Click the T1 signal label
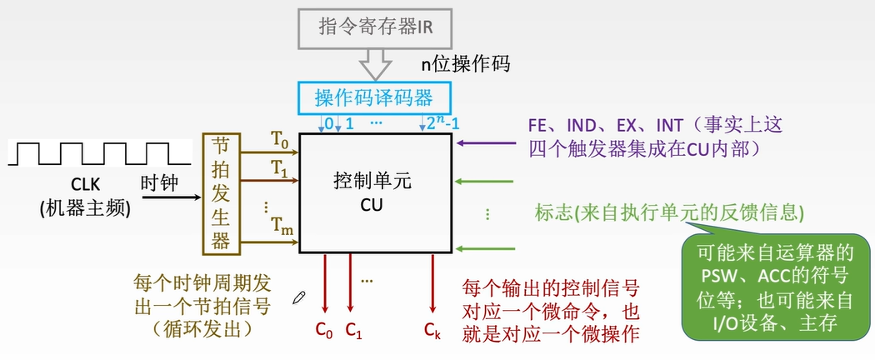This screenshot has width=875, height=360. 279,167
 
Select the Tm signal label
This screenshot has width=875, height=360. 280,224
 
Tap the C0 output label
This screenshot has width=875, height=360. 324,330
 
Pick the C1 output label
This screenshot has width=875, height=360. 353,330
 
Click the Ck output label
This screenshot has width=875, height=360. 432,330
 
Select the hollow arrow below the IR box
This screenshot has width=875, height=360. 373,62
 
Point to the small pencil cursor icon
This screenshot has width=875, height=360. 299,297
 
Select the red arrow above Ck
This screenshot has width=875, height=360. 432,283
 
